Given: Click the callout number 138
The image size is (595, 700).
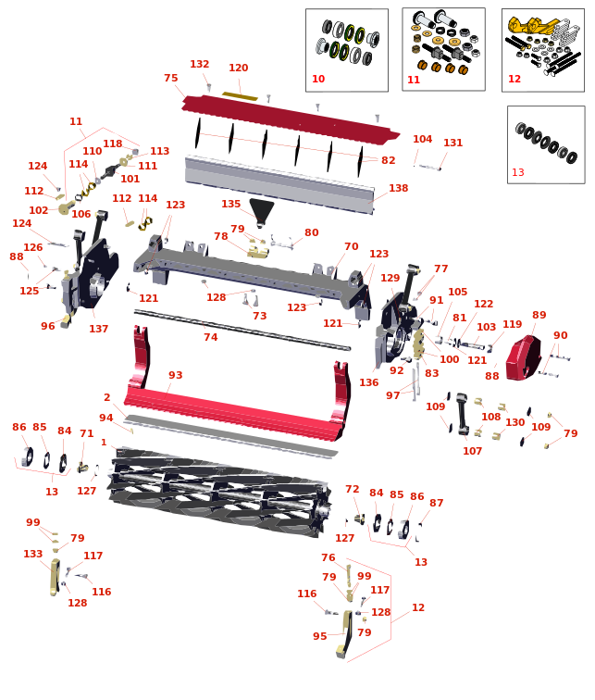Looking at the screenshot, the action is click(x=398, y=188).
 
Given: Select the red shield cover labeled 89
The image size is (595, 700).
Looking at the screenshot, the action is click(x=523, y=358).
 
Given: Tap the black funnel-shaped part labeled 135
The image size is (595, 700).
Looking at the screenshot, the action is click(x=261, y=212).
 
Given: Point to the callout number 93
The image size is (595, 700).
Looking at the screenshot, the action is click(x=175, y=375).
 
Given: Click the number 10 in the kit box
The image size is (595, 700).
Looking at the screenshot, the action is click(x=318, y=79).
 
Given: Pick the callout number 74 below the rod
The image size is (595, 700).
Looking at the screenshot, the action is click(x=211, y=337).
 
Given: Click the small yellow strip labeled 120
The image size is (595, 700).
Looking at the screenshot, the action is click(x=240, y=95).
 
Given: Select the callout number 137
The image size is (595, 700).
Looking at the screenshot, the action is click(x=99, y=329).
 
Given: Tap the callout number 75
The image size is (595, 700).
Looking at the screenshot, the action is click(x=171, y=78).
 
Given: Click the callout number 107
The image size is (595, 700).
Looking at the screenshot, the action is click(x=472, y=451).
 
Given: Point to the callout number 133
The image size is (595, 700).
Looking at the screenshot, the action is click(x=33, y=554).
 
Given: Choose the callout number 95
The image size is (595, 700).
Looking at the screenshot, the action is click(x=320, y=636).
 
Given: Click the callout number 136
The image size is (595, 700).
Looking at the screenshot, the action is click(x=369, y=382).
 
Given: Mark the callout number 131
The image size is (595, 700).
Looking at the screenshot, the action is click(x=452, y=143).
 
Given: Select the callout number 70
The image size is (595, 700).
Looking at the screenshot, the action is click(x=351, y=246).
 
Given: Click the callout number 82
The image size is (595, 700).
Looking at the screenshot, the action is click(x=388, y=160).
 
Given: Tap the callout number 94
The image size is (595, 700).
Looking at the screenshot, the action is click(x=105, y=418).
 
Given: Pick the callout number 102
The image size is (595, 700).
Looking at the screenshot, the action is click(x=38, y=210).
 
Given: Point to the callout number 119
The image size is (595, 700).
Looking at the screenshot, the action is click(x=512, y=324).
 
